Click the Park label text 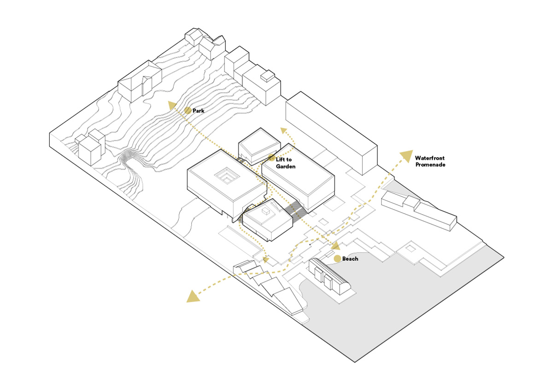click(199, 111)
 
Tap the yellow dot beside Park click(188, 111)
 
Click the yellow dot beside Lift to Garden click(272, 158)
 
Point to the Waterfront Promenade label click(429, 161)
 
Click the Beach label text click(350, 259)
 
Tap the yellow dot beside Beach click(337, 258)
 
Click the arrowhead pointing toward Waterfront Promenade click(406, 156)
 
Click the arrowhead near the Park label click(172, 106)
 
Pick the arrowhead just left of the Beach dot click(335, 245)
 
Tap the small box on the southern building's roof click(266, 211)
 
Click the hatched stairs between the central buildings click(295, 211)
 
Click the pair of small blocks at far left click(89, 146)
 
